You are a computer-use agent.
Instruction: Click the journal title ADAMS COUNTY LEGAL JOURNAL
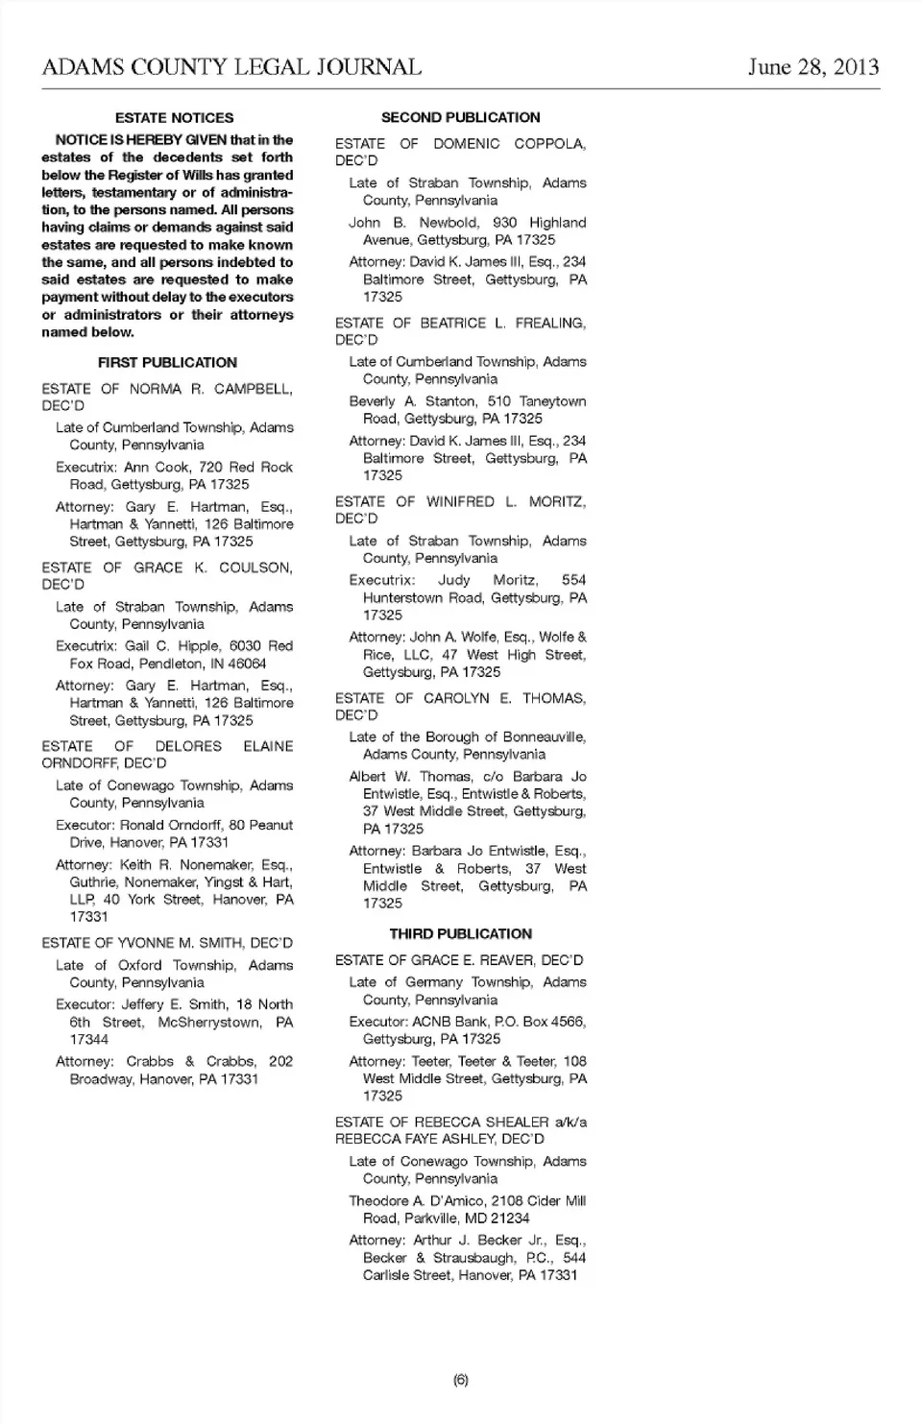(x=231, y=67)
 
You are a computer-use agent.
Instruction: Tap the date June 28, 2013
(x=813, y=66)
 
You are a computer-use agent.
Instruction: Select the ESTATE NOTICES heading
(x=174, y=118)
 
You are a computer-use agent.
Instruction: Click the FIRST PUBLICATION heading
(x=167, y=363)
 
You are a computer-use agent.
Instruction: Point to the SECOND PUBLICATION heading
(x=460, y=118)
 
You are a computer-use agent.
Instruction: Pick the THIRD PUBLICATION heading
(x=460, y=934)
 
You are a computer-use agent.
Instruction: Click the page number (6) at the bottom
(x=461, y=1380)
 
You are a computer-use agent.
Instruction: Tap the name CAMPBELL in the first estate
(x=254, y=389)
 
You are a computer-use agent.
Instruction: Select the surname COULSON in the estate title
(x=255, y=567)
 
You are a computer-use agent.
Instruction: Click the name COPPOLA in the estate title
(x=549, y=144)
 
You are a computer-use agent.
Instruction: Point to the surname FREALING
(x=550, y=324)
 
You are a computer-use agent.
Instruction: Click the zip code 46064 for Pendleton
(x=248, y=664)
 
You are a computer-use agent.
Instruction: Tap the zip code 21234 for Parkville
(x=510, y=1219)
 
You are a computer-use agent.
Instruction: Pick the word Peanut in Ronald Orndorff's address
(x=272, y=825)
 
